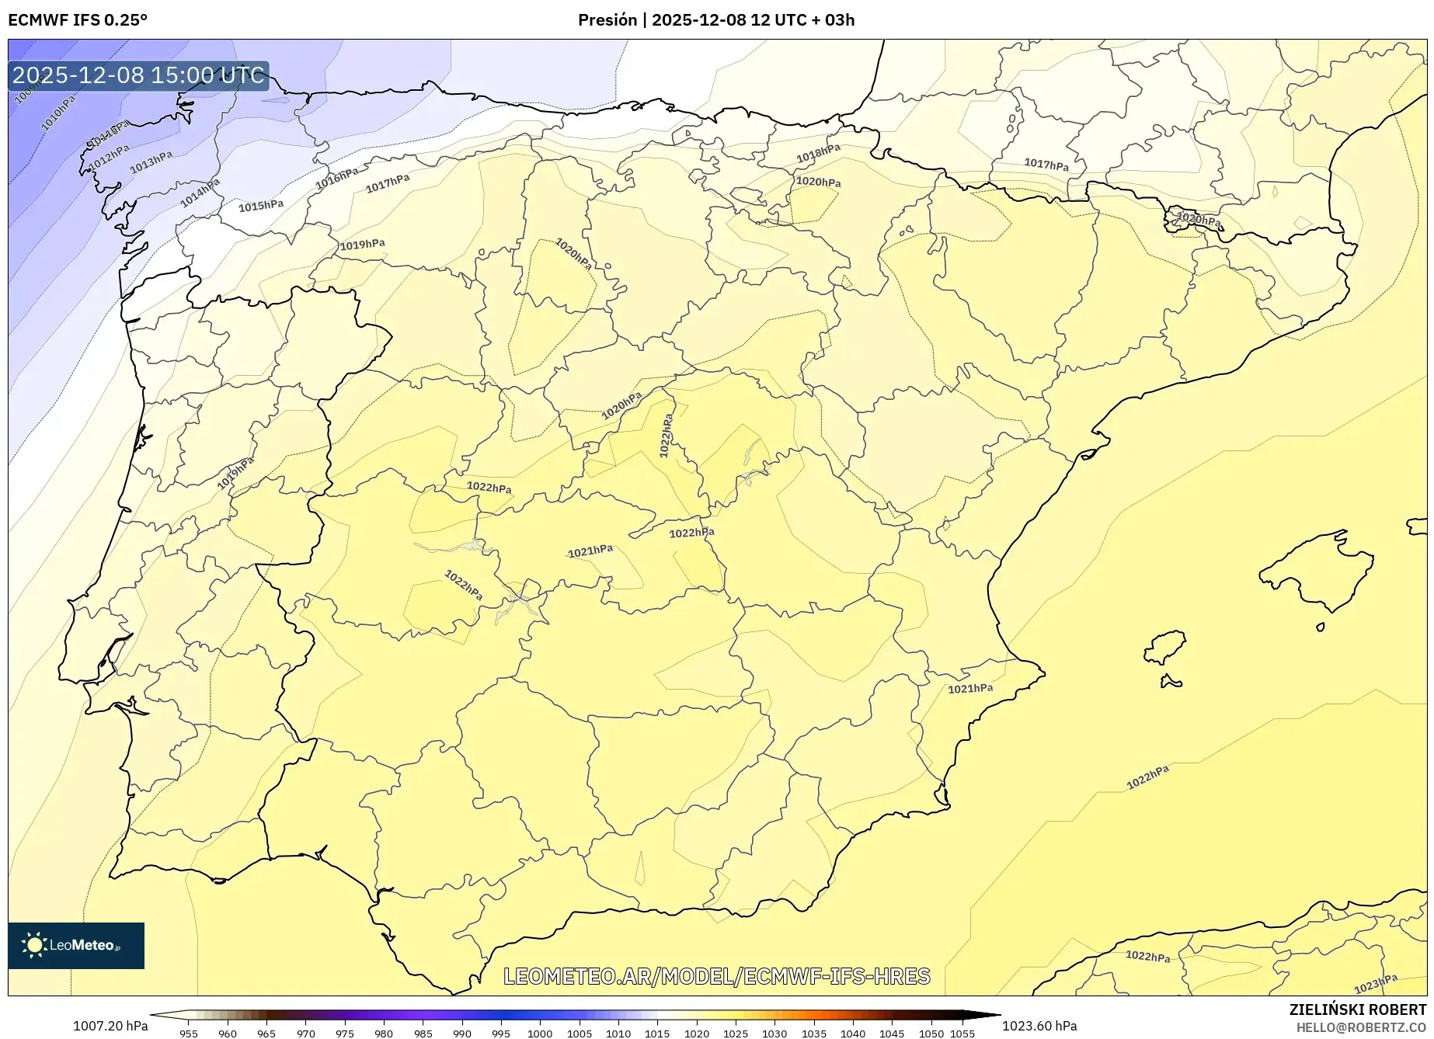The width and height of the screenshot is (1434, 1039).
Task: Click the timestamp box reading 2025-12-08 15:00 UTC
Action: pos(138,75)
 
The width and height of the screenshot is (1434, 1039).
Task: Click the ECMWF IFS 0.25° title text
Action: pos(78,20)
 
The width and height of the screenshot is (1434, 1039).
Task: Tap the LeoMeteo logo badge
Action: pos(76,945)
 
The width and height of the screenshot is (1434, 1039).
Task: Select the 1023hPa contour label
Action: pos(1376,984)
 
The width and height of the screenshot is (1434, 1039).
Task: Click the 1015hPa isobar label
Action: pos(261,206)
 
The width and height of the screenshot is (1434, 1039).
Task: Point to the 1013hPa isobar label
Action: pos(151,162)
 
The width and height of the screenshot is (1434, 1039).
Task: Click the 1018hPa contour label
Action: pos(818,154)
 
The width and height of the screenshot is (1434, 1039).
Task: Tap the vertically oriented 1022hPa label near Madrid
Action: pos(666,436)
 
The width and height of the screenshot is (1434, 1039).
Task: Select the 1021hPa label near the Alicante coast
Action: pos(970,688)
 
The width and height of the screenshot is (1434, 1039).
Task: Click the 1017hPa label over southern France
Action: pos(1046,165)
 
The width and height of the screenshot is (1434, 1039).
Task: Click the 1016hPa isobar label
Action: pos(336,179)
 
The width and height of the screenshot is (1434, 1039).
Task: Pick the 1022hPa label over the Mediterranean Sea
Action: pos(1147,777)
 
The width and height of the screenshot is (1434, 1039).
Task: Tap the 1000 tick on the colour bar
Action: pos(540,1033)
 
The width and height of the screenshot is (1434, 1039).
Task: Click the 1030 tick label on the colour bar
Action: pos(774,1033)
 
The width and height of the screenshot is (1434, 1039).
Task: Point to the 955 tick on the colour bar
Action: pos(188,1033)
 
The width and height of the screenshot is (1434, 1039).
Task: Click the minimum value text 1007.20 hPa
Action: pos(110,1026)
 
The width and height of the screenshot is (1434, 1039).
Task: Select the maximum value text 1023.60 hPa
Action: pos(1039,1026)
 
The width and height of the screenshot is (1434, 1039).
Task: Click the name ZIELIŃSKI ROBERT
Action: pos(1357,1010)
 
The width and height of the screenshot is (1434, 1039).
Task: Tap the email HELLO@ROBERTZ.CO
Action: pos(1361,1027)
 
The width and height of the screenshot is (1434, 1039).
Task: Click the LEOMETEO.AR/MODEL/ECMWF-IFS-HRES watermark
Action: pos(716,976)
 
